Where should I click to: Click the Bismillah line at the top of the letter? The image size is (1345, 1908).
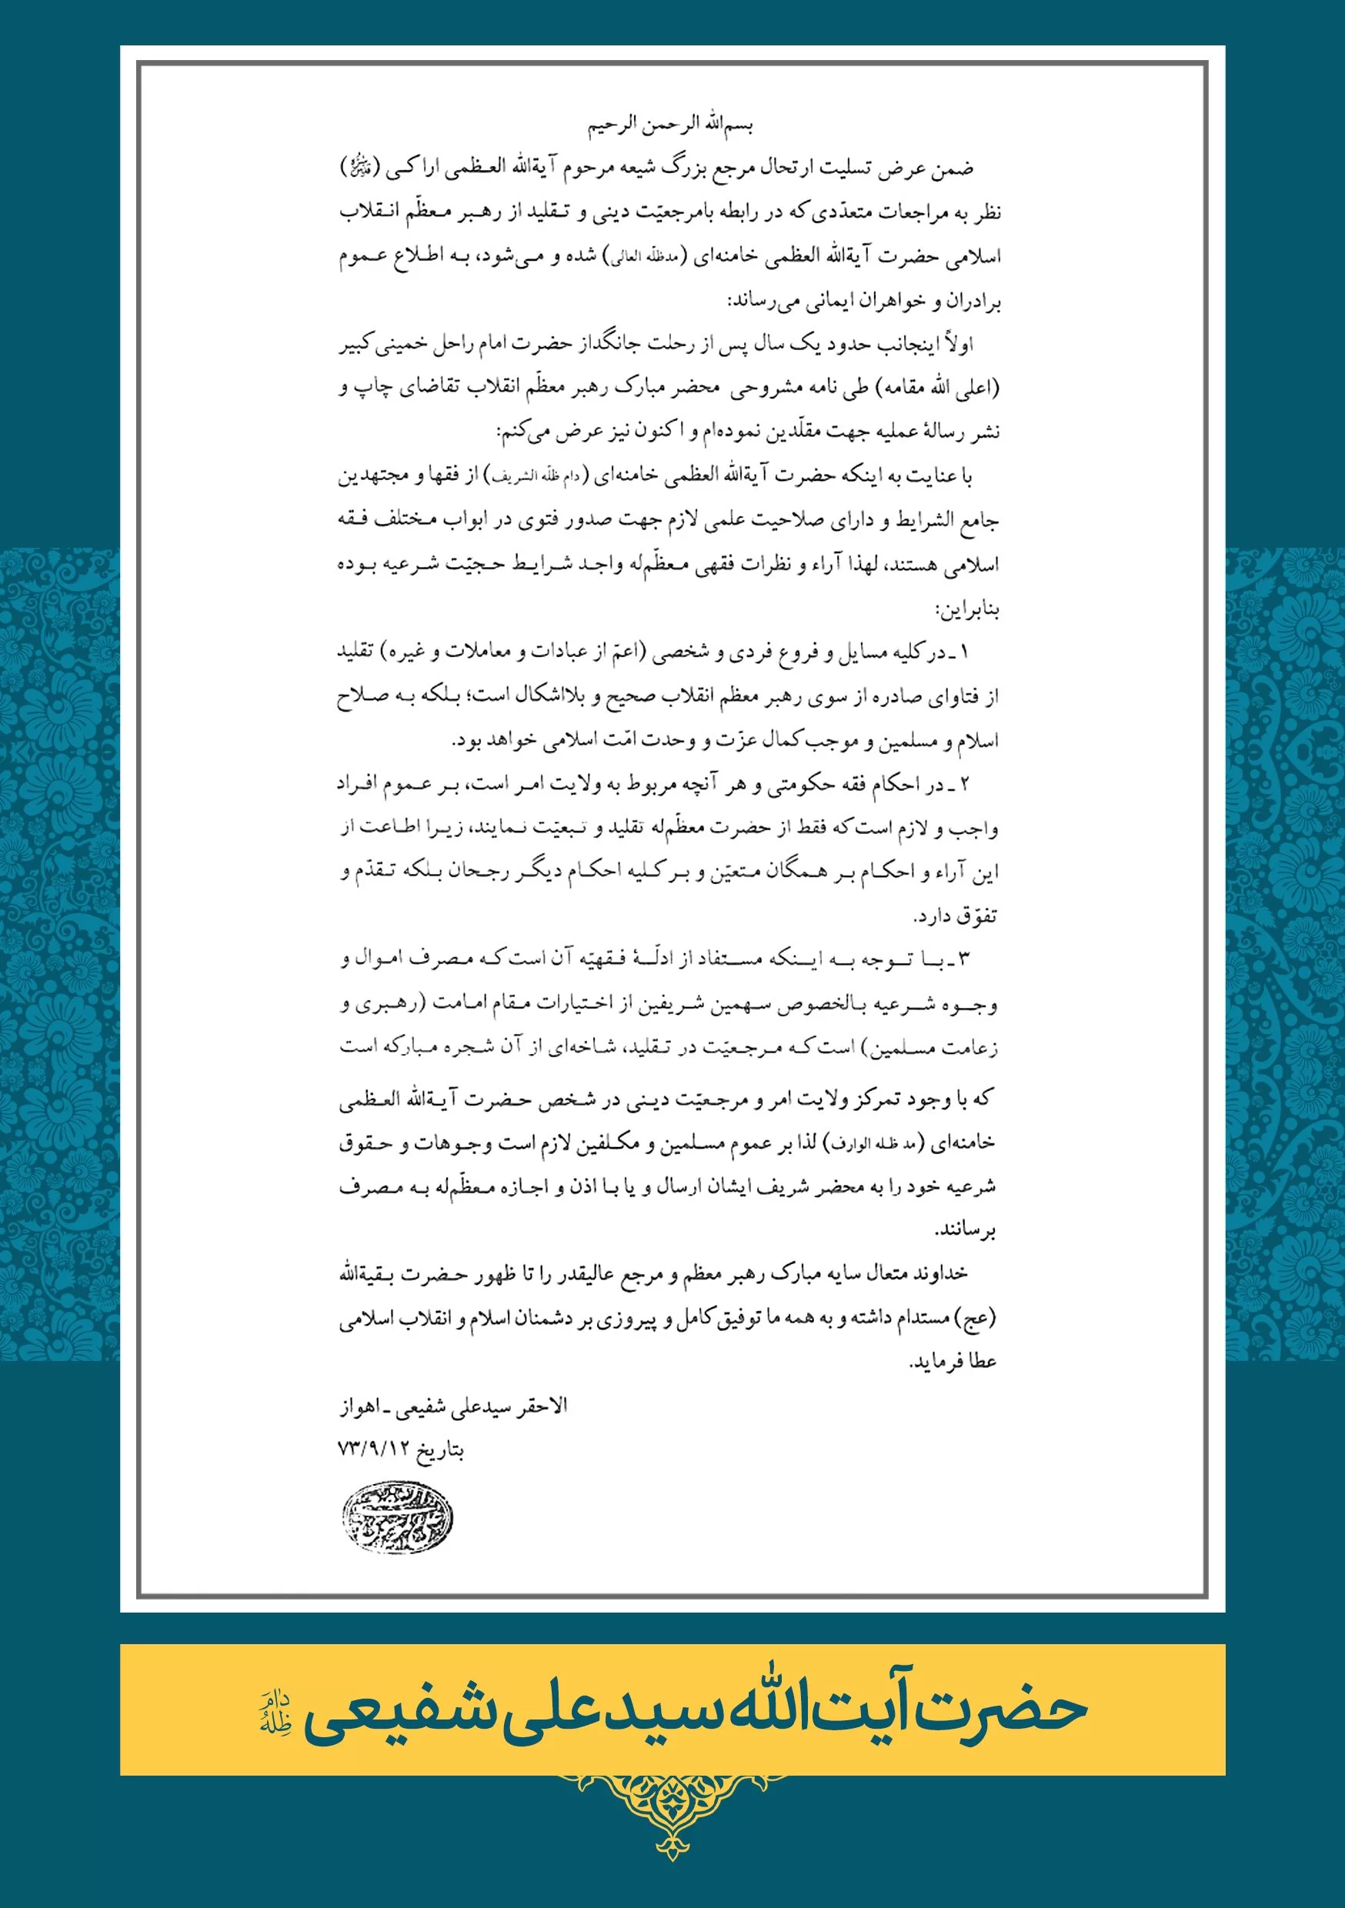point(670,125)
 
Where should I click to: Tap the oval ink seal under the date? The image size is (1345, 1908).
point(397,1518)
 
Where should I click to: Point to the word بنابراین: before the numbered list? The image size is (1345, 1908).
point(968,611)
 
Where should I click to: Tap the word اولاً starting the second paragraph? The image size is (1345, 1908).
point(956,344)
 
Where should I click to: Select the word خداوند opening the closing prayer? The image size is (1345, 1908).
point(939,1274)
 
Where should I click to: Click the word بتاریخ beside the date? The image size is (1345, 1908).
point(440,1451)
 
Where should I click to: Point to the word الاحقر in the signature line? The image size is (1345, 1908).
point(541,1406)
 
